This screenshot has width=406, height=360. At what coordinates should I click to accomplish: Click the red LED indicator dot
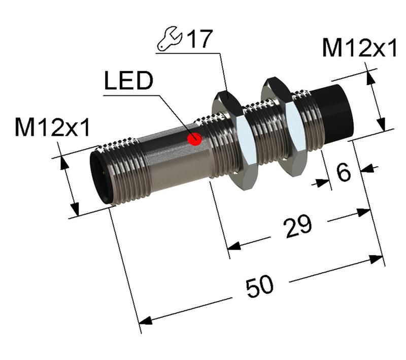tap(194, 138)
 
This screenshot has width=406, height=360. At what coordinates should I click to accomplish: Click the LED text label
tap(128, 82)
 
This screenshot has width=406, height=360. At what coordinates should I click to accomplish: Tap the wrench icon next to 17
tap(170, 40)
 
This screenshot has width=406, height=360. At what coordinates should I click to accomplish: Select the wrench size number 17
tap(198, 39)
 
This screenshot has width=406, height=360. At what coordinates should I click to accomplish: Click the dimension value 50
tap(259, 287)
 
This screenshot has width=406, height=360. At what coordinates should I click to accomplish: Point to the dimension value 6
tap(344, 173)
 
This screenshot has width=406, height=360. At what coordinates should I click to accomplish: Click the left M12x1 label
tap(52, 128)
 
